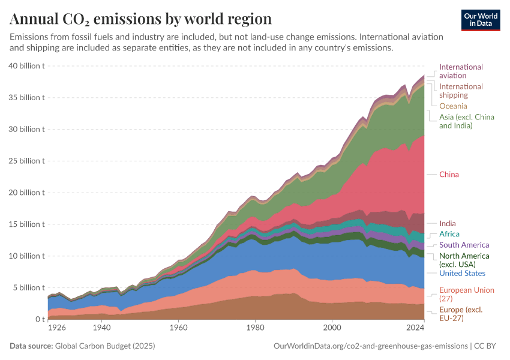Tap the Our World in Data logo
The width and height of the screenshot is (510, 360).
tap(481, 20)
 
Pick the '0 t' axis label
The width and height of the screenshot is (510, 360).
tap(39, 319)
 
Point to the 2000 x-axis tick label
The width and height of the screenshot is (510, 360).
tap(332, 328)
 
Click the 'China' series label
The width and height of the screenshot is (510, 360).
tap(449, 175)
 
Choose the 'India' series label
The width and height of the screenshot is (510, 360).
tap(447, 223)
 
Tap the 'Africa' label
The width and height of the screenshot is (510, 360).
tap(449, 234)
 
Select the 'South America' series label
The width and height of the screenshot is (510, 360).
tap(464, 245)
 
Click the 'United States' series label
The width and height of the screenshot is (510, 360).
tap(462, 273)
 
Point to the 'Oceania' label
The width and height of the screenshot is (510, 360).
tap(453, 106)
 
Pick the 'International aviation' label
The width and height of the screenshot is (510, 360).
tap(461, 71)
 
